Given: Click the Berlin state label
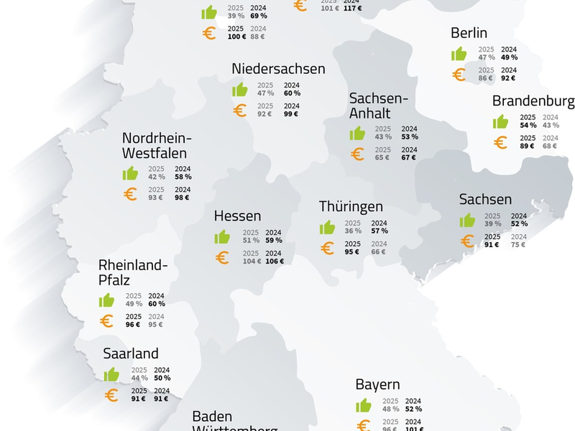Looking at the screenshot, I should [x=469, y=33].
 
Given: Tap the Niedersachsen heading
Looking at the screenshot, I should [x=278, y=69].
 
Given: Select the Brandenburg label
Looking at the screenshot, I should [x=533, y=101].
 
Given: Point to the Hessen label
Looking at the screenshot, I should [x=237, y=216].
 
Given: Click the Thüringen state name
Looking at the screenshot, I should [x=351, y=208].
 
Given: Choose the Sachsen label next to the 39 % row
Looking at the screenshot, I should [x=485, y=200].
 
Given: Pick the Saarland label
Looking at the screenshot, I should [x=130, y=354].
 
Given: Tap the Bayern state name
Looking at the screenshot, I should [x=377, y=385].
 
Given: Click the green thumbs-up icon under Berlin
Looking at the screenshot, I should [x=459, y=54].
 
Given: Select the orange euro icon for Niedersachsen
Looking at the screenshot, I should [x=239, y=111].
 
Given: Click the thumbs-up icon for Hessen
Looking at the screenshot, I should [x=222, y=237].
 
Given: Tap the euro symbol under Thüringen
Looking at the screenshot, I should [x=327, y=249].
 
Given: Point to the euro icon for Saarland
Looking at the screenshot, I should [x=111, y=395].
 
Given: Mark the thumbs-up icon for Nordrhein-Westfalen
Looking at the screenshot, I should [x=130, y=173].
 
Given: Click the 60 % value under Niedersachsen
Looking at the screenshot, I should [x=291, y=93].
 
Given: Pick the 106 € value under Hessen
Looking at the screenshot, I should [x=274, y=261].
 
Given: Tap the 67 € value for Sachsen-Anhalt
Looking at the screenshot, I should [x=409, y=157].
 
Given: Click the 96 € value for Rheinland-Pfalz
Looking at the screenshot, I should [x=134, y=325].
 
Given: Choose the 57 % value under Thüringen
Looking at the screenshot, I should [x=379, y=231].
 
